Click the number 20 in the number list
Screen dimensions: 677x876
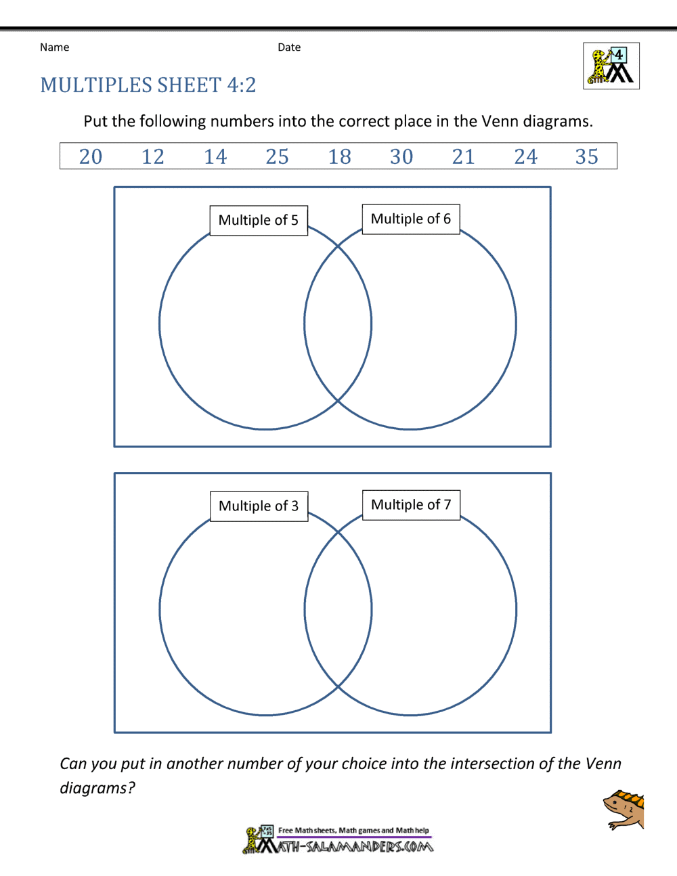click(91, 156)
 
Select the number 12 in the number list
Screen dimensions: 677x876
click(153, 156)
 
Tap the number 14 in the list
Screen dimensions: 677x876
click(215, 156)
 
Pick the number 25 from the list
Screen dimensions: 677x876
click(278, 156)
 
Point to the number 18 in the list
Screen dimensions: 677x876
click(340, 156)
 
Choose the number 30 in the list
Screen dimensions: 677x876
click(401, 156)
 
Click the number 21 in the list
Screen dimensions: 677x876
click(464, 156)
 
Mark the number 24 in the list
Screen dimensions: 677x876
click(526, 156)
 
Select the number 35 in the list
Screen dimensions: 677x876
click(587, 156)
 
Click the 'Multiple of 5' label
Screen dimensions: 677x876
click(259, 221)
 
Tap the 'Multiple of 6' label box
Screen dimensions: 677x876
click(411, 219)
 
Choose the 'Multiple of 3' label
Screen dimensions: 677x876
click(259, 506)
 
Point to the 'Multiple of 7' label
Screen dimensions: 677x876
click(411, 505)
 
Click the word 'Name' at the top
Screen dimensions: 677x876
click(54, 47)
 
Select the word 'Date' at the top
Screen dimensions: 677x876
click(289, 47)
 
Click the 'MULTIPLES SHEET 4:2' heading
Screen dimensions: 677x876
click(148, 85)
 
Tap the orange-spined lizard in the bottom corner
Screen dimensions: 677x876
click(624, 810)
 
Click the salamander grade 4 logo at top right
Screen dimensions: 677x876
click(611, 66)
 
